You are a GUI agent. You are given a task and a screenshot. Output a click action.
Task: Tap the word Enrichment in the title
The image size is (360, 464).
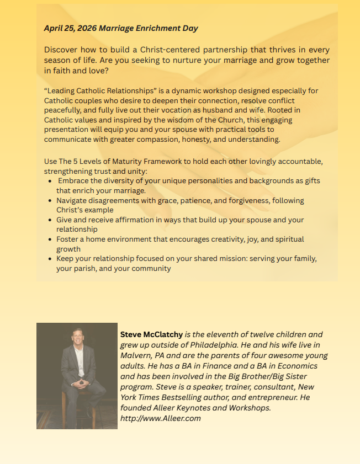tap(150, 28)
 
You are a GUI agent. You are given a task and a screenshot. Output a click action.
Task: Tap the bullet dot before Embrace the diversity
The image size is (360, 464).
tap(51, 181)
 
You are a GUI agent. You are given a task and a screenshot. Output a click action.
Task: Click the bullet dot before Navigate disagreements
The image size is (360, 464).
tap(51, 201)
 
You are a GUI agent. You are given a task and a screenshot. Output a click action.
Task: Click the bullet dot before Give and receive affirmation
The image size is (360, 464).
tap(51, 220)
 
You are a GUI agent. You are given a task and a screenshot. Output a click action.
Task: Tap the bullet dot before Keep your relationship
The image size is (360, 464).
tap(51, 259)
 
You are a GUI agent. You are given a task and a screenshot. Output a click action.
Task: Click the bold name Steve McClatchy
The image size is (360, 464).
tap(151, 334)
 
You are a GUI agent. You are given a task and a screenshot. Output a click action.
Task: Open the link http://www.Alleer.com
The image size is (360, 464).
tap(160, 418)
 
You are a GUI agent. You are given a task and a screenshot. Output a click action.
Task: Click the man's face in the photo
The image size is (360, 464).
tap(76, 338)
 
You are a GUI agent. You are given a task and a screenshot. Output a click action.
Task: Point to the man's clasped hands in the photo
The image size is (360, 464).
tap(78, 382)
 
